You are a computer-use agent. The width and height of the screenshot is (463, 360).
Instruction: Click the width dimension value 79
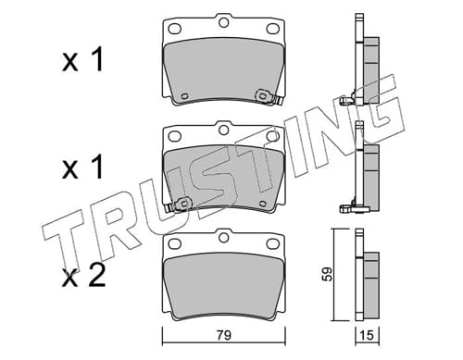click(x=224, y=335)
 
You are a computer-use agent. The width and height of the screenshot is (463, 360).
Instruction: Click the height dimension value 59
click(x=327, y=274)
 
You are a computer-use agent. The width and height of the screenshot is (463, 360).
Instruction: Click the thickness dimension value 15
click(x=367, y=335)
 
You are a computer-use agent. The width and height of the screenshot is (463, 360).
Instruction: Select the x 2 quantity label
click(x=83, y=277)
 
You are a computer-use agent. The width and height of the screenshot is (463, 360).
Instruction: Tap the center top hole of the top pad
click(x=223, y=22)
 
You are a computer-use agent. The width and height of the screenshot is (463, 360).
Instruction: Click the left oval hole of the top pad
click(x=174, y=29)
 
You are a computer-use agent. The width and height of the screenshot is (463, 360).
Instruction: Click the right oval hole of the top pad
click(x=273, y=29)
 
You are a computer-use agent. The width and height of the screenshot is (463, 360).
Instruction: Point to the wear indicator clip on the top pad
click(x=268, y=97)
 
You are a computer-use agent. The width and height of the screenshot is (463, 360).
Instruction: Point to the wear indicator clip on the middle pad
click(x=179, y=205)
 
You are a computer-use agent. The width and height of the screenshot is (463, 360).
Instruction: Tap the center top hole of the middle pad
click(x=223, y=130)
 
